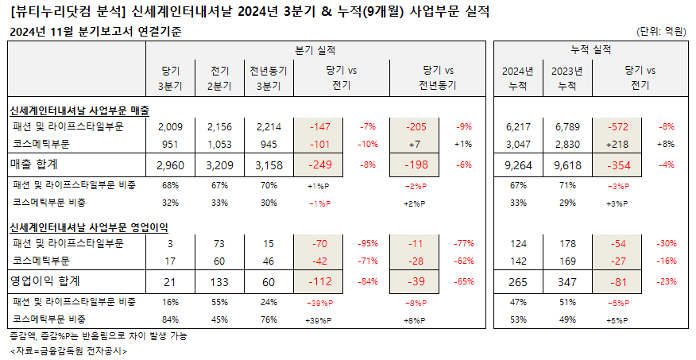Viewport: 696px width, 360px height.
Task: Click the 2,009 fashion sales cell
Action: coord(171,127)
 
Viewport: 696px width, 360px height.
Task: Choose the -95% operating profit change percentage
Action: coord(369,242)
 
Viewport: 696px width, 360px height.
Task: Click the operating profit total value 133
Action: coord(221,281)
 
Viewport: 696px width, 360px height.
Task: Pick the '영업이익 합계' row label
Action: coord(46,281)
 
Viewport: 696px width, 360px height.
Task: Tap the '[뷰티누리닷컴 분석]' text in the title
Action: coord(64,12)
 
